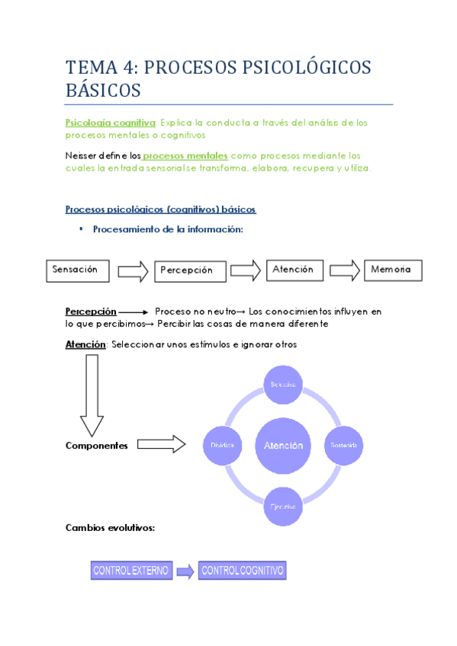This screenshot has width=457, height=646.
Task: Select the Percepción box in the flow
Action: coord(191,270)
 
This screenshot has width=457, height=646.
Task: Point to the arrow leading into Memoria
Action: coord(345,270)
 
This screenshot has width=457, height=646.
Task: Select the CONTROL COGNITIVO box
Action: coord(243,571)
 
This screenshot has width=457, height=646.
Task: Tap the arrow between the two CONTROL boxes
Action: coord(185,571)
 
